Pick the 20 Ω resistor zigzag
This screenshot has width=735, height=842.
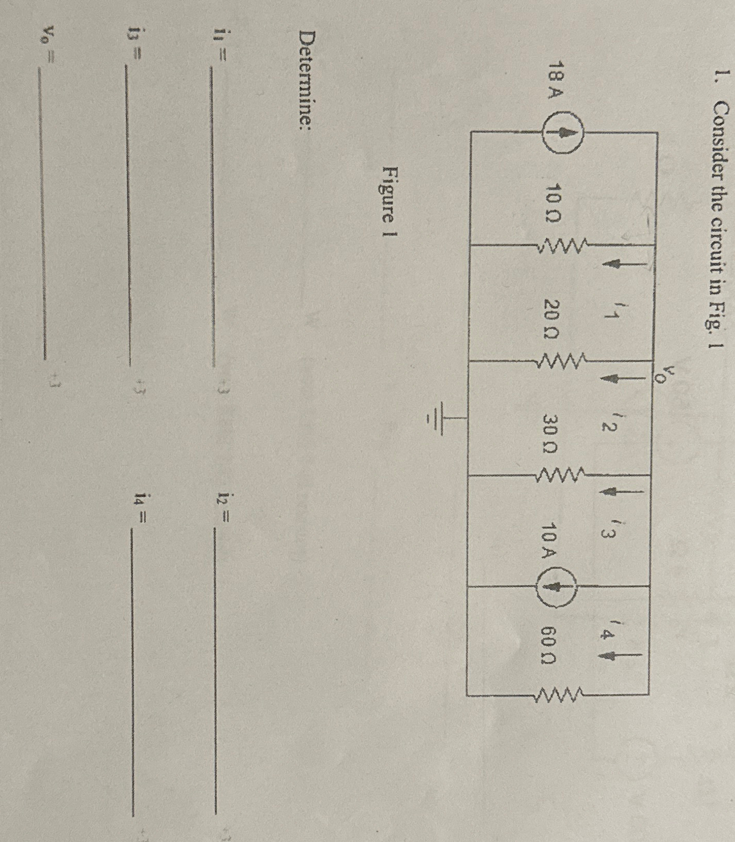coord(561,359)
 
